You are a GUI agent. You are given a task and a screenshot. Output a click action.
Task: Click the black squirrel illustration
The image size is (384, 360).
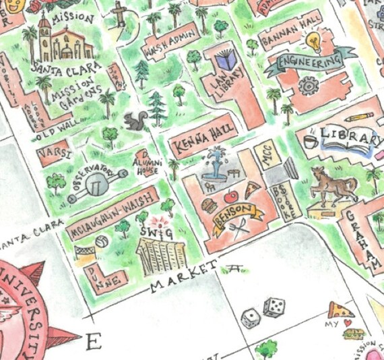135,121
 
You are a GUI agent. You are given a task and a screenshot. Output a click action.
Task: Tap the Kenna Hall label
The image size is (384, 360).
203,138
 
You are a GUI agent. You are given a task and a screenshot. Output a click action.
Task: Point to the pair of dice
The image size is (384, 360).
263,311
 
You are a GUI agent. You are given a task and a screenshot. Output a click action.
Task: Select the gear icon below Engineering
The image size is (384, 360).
309,85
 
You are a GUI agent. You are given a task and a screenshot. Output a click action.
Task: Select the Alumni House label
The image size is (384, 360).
146,164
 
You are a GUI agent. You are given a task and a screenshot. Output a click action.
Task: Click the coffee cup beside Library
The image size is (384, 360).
310,141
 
